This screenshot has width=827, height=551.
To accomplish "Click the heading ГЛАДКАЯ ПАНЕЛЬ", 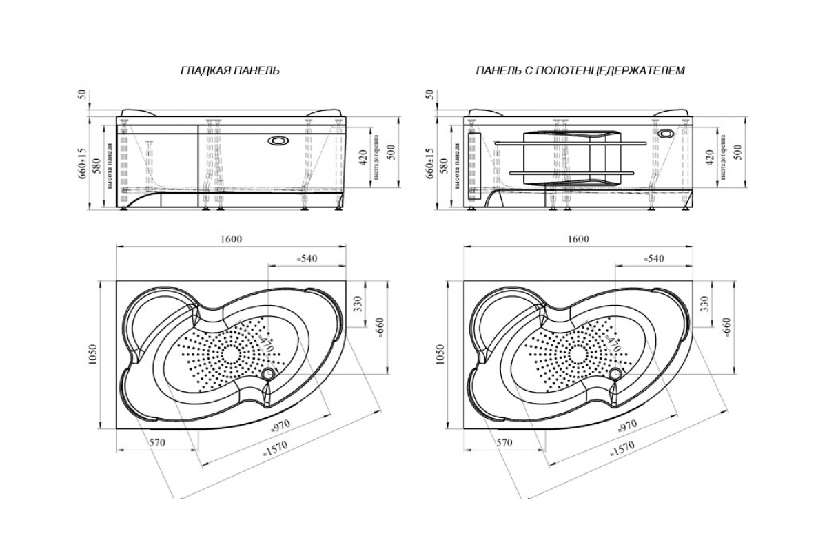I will (x=229, y=71).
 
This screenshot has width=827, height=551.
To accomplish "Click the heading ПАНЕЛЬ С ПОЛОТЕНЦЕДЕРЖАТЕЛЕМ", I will (x=580, y=71).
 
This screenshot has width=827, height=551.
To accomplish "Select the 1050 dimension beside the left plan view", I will (x=96, y=353).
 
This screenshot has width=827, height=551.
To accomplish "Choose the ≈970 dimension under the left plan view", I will (x=279, y=426).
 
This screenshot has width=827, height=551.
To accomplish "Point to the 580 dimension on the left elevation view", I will (x=97, y=165).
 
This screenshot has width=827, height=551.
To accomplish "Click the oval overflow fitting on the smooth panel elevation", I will (x=280, y=141).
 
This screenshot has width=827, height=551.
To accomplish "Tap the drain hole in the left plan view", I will (x=268, y=373).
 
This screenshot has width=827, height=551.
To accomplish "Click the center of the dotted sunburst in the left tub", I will (x=229, y=354).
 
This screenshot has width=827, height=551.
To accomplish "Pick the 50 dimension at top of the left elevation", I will (x=83, y=93).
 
